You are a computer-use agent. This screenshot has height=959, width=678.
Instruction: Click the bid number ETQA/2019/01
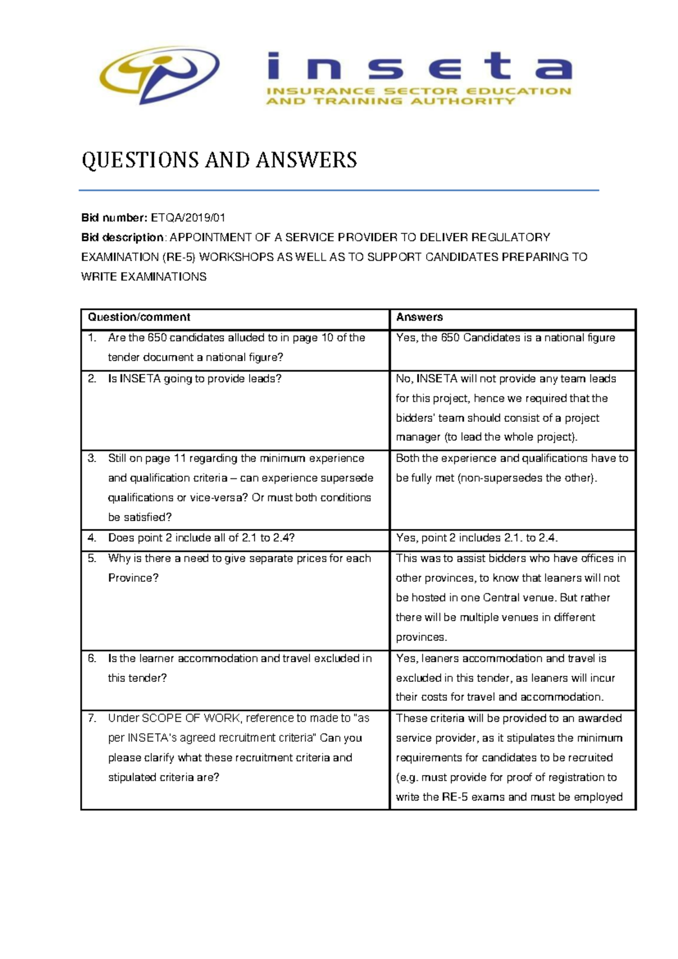(x=188, y=218)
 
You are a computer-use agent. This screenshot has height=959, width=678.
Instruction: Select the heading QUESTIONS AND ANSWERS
(x=219, y=160)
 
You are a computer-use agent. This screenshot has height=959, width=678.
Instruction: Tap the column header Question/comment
(x=139, y=317)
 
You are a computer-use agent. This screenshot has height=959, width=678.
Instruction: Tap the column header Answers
(x=419, y=317)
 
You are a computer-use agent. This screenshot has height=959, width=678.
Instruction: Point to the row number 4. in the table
(x=92, y=538)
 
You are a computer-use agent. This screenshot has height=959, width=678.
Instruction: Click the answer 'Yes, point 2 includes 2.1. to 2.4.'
(x=477, y=538)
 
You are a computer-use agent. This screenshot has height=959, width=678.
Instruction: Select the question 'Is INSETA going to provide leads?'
(x=194, y=379)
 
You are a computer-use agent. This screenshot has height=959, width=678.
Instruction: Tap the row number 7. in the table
(x=92, y=718)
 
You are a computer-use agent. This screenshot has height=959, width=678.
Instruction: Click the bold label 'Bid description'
(x=123, y=237)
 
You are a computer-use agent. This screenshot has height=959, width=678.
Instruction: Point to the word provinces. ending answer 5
(x=421, y=637)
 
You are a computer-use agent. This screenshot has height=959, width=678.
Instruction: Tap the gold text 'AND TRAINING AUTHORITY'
(x=390, y=101)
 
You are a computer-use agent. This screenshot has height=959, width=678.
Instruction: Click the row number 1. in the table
(x=92, y=338)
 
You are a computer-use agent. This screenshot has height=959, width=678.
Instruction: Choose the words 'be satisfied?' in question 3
(x=140, y=517)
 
